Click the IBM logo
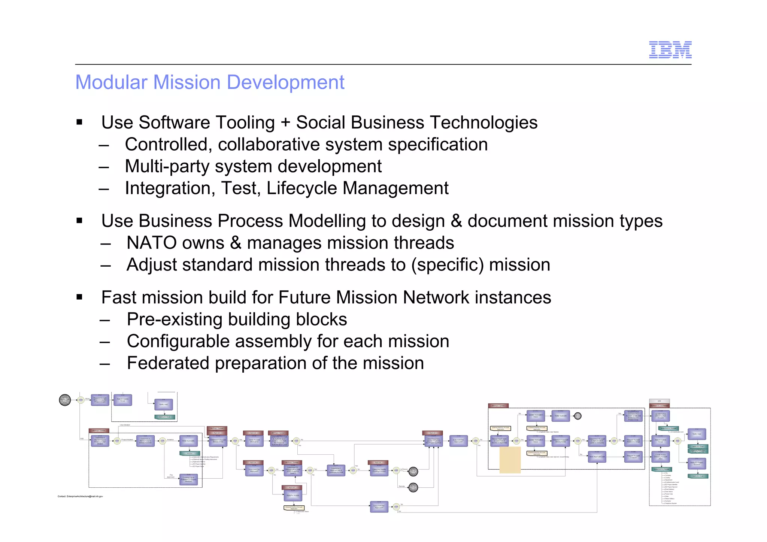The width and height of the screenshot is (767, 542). pyautogui.click(x=670, y=50)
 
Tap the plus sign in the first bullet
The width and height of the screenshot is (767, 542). pyautogui.click(x=285, y=122)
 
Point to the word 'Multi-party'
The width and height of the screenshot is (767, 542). pyautogui.click(x=166, y=166)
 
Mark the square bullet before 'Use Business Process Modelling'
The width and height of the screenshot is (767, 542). pyautogui.click(x=79, y=221)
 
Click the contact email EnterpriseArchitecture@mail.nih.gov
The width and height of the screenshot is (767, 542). pyautogui.click(x=80, y=496)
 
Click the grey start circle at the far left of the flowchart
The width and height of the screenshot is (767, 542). pyautogui.click(x=65, y=400)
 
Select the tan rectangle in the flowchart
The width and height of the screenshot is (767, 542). pyautogui.click(x=510, y=460)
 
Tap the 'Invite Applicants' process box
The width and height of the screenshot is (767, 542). pyautogui.click(x=188, y=441)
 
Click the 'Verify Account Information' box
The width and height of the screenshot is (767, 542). pyautogui.click(x=254, y=441)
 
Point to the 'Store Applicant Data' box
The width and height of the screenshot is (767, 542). pyautogui.click(x=597, y=457)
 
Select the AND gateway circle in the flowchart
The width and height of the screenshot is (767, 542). pyautogui.click(x=677, y=441)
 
